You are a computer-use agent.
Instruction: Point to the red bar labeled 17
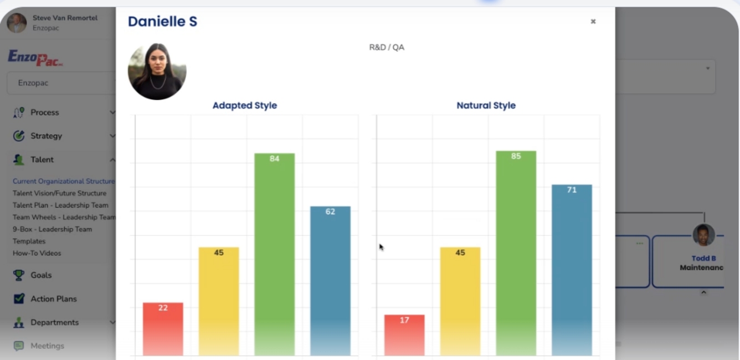(404, 335)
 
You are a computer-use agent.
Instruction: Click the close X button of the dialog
(593, 22)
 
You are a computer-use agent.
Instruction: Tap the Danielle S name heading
(162, 22)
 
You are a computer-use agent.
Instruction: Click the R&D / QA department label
(387, 48)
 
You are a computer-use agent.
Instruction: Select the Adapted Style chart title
(244, 105)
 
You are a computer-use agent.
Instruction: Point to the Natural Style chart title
(486, 105)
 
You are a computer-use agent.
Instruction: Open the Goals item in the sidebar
(40, 275)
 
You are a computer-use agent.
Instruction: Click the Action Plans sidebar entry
(53, 299)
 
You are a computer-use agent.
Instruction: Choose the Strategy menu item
(46, 136)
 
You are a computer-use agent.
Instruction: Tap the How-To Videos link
(37, 253)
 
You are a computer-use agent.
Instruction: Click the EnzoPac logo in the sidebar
(35, 58)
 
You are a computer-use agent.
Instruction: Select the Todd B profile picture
(703, 235)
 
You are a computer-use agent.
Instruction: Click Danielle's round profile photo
(157, 71)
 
